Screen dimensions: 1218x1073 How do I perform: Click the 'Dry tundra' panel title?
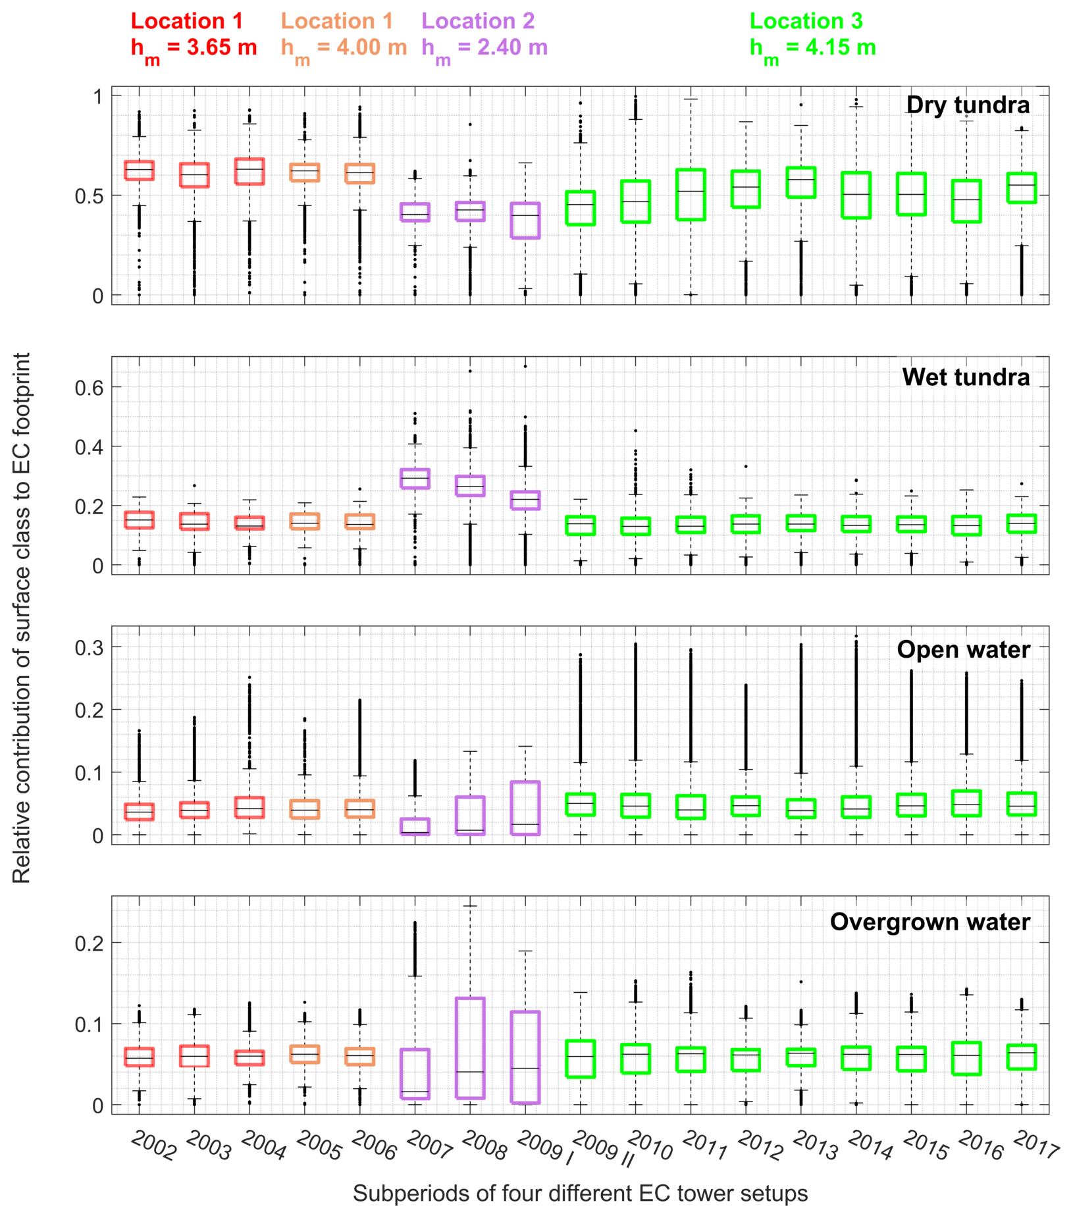pos(967,105)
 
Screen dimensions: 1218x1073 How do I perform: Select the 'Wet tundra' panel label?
pos(965,377)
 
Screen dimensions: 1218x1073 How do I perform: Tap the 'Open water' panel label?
pos(963,649)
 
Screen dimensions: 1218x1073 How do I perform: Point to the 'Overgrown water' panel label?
pos(929,922)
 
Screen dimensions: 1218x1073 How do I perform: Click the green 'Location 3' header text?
pos(806,21)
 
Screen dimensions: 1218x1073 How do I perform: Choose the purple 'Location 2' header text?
pos(478,21)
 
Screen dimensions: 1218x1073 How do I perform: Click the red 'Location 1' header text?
pos(187,21)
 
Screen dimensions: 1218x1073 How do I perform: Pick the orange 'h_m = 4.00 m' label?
pos(344,47)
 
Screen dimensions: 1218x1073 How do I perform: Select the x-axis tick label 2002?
pos(154,1145)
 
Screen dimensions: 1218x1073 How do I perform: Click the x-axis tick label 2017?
pos(1035,1145)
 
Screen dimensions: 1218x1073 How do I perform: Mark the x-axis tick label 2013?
pos(815,1145)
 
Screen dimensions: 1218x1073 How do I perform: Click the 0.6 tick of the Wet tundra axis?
pos(89,387)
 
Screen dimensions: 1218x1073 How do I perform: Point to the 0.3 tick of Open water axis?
pos(89,647)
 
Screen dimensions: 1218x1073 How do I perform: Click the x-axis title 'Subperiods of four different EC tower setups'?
pos(580,1193)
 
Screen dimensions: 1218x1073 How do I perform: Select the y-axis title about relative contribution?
pos(22,617)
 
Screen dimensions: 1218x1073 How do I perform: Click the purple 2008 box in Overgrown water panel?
pos(470,1048)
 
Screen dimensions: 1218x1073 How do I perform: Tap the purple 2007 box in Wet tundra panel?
pos(415,479)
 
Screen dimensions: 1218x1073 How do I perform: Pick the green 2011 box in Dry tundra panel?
pos(691,194)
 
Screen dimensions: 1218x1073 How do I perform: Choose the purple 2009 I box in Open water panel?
pos(525,808)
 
